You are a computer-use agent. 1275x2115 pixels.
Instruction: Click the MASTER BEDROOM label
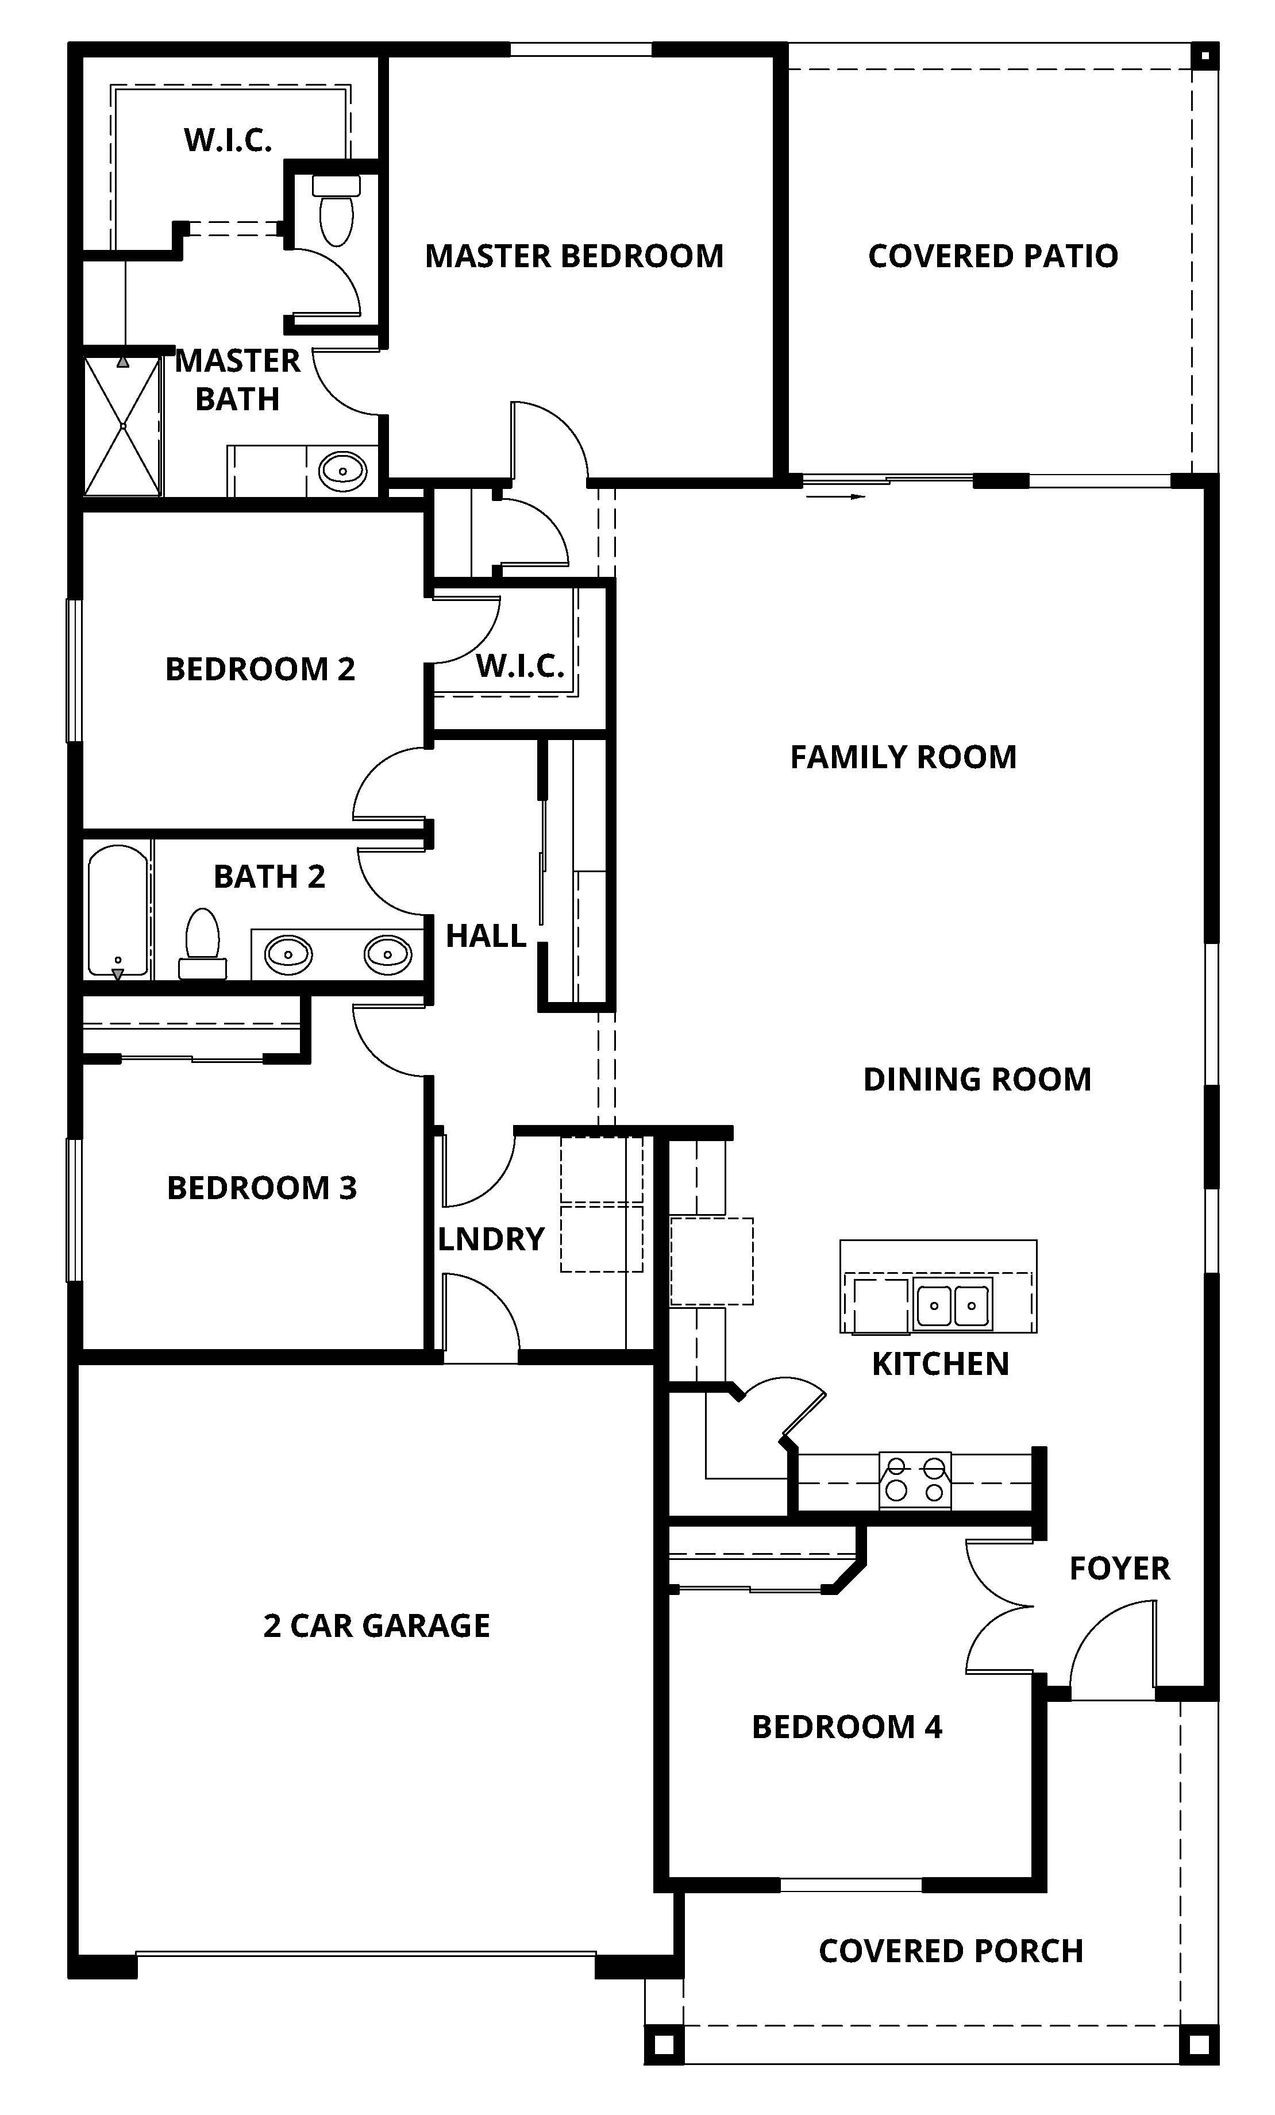(x=573, y=256)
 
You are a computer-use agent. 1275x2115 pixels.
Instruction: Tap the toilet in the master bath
(x=336, y=210)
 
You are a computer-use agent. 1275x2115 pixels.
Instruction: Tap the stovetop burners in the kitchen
(x=914, y=1481)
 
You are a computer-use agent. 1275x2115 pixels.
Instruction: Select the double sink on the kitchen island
(x=952, y=1305)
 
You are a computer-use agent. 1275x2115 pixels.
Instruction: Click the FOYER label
(x=1119, y=1568)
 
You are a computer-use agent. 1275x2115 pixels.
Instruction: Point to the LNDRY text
(x=490, y=1239)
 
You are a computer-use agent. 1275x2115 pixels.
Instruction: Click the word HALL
(x=485, y=935)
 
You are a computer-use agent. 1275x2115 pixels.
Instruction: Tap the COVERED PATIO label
(x=992, y=256)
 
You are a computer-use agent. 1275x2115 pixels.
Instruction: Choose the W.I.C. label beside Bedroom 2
(x=519, y=665)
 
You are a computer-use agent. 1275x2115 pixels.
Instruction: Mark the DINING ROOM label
(x=976, y=1079)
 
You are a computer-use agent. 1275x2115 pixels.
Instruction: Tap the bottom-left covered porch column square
(x=663, y=2044)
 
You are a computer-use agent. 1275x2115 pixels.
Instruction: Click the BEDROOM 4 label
(x=846, y=1727)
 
